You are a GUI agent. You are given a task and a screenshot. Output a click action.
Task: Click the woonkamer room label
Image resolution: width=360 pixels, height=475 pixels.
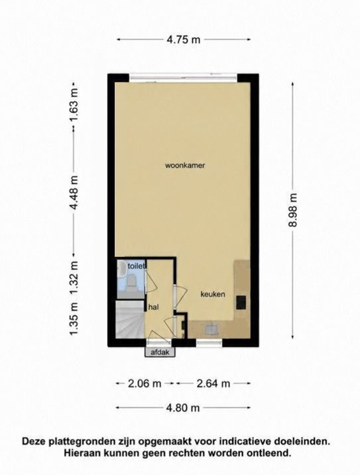click(x=185, y=165)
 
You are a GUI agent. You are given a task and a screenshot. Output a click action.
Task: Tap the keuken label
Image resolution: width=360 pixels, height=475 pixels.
click(x=213, y=294)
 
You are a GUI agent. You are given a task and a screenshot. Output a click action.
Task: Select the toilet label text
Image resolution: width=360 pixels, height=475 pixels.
click(x=137, y=266)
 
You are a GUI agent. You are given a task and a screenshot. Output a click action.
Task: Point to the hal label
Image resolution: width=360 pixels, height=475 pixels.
click(x=154, y=307)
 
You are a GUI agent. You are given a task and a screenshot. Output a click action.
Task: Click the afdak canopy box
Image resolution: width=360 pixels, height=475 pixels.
click(x=160, y=352)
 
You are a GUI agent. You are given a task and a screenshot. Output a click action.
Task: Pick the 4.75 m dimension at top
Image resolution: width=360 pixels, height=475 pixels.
click(x=184, y=39)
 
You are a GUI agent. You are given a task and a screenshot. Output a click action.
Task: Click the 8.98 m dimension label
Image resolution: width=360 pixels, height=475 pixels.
click(x=293, y=210)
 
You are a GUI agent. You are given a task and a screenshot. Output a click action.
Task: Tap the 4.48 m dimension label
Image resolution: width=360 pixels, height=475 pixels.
click(x=74, y=192)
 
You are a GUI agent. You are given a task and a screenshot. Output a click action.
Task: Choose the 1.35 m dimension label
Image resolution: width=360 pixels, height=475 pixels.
click(x=74, y=319)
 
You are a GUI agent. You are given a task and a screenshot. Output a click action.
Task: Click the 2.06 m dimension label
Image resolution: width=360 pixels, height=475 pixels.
click(x=145, y=383)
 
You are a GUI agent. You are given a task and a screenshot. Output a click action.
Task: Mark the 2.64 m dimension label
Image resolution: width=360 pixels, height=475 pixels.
click(x=213, y=383)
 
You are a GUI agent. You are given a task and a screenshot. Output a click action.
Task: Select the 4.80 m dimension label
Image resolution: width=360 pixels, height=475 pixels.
click(x=183, y=408)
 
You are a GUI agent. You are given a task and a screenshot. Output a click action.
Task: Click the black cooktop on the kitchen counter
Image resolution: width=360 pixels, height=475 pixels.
click(x=241, y=303)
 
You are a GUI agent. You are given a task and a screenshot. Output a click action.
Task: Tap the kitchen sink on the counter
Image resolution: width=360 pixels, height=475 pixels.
click(x=211, y=328)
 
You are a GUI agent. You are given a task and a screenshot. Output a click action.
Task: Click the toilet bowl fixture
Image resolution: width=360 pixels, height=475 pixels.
click(x=131, y=282)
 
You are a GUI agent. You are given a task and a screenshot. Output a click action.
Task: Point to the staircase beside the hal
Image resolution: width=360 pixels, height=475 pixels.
click(x=129, y=319)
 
